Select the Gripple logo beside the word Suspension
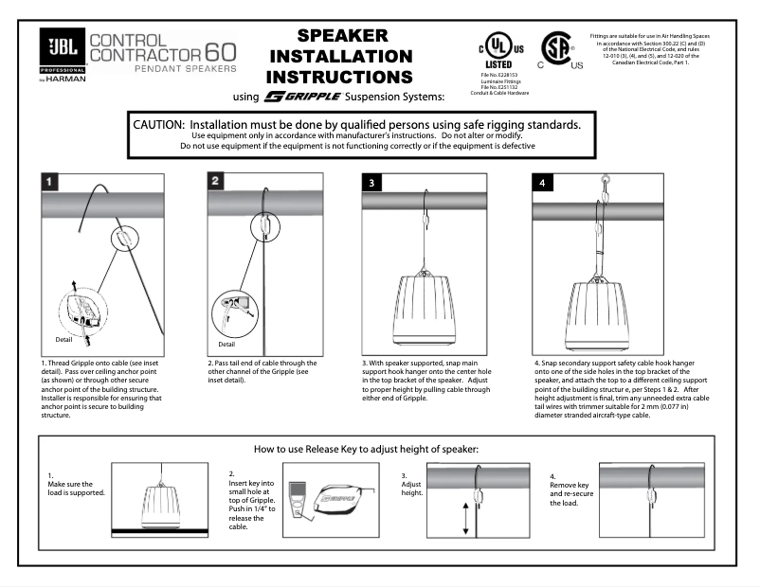289,97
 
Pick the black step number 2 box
216,181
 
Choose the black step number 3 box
373,183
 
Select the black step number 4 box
541,183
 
